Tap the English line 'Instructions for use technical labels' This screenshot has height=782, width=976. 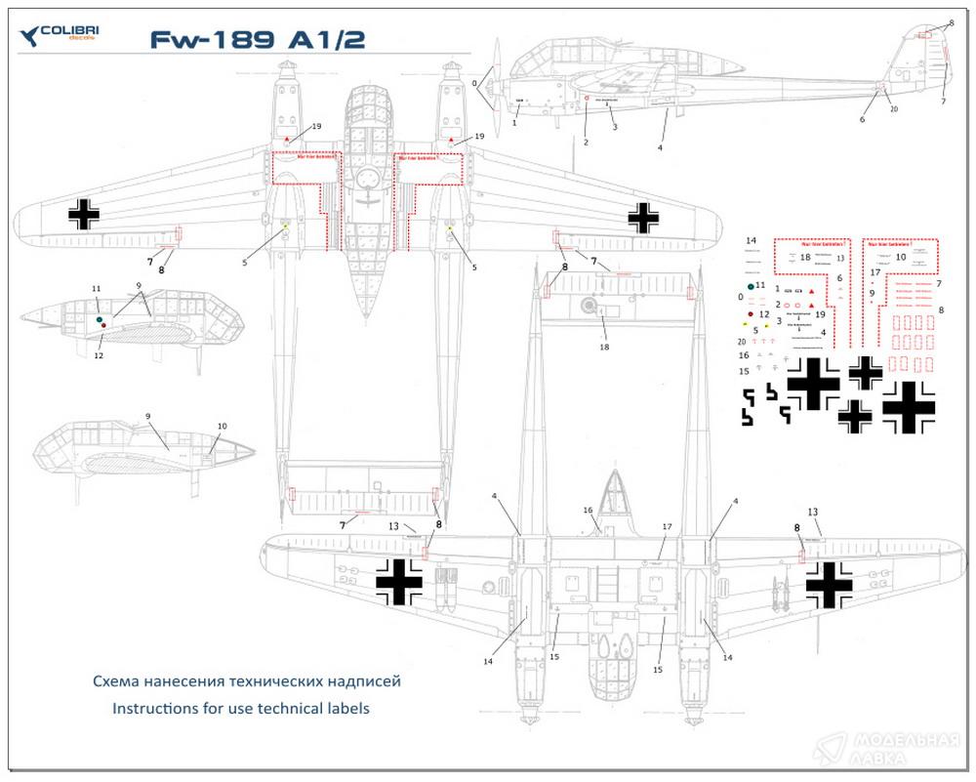(241, 708)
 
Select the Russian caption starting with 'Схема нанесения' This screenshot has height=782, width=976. (246, 680)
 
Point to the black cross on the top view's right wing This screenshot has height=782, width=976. (643, 217)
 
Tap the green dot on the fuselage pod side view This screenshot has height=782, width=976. (100, 318)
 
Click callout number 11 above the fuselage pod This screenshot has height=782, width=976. (96, 290)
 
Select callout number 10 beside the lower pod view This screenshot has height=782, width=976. (222, 427)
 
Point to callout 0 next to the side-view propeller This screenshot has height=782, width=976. (474, 84)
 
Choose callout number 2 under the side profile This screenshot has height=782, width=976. (586, 143)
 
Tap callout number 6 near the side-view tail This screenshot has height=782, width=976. (862, 119)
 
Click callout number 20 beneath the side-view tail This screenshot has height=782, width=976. (894, 109)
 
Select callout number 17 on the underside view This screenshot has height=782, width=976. (668, 527)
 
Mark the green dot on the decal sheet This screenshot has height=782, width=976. (751, 286)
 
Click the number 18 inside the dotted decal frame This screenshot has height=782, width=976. (805, 258)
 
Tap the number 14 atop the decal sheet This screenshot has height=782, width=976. (752, 240)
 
